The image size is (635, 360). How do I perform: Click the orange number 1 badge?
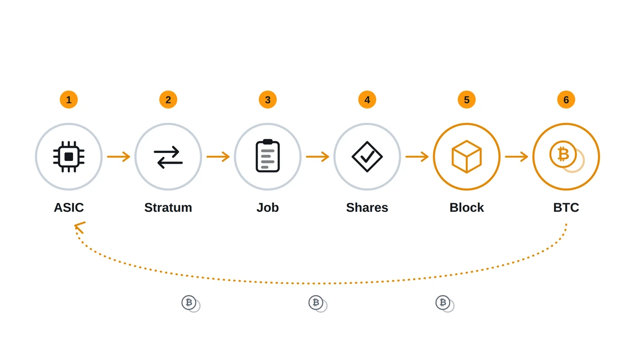pyautogui.click(x=69, y=100)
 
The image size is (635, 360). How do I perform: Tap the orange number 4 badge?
pyautogui.click(x=367, y=100)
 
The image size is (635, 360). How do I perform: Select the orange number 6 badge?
pyautogui.click(x=566, y=100)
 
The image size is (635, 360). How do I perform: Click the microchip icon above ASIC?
pyautogui.click(x=69, y=157)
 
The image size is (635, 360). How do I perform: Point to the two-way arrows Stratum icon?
pyautogui.click(x=168, y=157)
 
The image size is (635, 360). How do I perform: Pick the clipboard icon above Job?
pyautogui.click(x=268, y=156)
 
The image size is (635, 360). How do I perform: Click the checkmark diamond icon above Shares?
pyautogui.click(x=367, y=157)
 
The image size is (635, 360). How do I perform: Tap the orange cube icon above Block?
pyautogui.click(x=467, y=157)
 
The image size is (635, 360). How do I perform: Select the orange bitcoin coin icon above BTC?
pyautogui.click(x=567, y=157)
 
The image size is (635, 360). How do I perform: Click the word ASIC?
pyautogui.click(x=69, y=208)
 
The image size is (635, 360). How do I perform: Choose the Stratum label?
pyautogui.click(x=168, y=208)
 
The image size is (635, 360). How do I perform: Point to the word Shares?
pyautogui.click(x=367, y=208)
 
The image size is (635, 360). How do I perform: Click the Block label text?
pyautogui.click(x=467, y=208)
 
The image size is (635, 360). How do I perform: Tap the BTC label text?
pyautogui.click(x=566, y=208)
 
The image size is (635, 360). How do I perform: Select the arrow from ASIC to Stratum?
pyautogui.click(x=119, y=157)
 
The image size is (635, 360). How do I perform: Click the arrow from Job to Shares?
pyautogui.click(x=317, y=157)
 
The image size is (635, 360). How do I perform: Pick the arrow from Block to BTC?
pyautogui.click(x=516, y=157)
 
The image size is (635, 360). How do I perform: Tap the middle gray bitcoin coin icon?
pyautogui.click(x=318, y=303)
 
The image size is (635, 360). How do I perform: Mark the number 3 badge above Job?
pyautogui.click(x=268, y=100)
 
